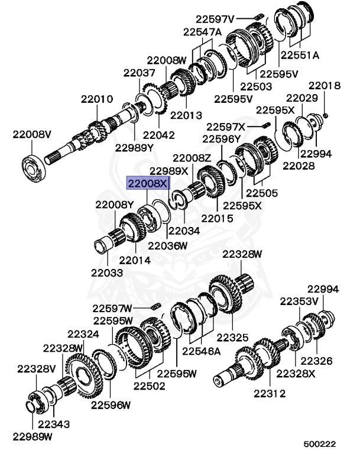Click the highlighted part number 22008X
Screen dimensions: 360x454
pyautogui.click(x=148, y=183)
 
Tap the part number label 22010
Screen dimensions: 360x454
pyautogui.click(x=97, y=99)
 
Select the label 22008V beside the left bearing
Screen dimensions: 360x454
pyautogui.click(x=32, y=134)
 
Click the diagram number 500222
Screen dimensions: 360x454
pyautogui.click(x=319, y=444)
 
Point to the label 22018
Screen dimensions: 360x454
pyautogui.click(x=325, y=86)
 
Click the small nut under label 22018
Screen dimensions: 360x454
pyautogui.click(x=325, y=116)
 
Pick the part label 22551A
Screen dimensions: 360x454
pyautogui.click(x=300, y=55)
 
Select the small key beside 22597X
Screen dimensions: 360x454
pyautogui.click(x=267, y=125)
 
